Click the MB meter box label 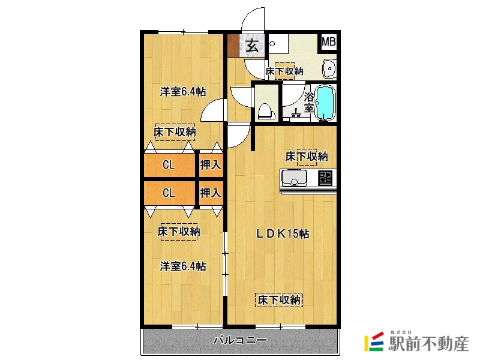click(x=328, y=41)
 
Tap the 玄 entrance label click(x=252, y=46)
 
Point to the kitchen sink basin click(x=294, y=177)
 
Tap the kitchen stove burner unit click(x=325, y=178)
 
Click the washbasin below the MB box click(x=329, y=68)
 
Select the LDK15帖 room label click(x=283, y=234)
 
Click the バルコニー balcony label click(x=240, y=340)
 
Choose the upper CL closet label click(x=169, y=165)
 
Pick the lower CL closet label click(x=169, y=193)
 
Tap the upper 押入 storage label click(x=211, y=164)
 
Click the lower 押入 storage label click(x=211, y=193)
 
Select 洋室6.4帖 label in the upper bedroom click(x=183, y=92)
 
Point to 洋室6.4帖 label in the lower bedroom click(x=183, y=266)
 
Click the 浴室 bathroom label click(x=309, y=103)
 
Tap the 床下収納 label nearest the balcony click(x=279, y=299)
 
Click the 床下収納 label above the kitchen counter click(x=307, y=157)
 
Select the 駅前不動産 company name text click(x=428, y=343)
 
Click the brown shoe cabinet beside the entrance click(x=233, y=46)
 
